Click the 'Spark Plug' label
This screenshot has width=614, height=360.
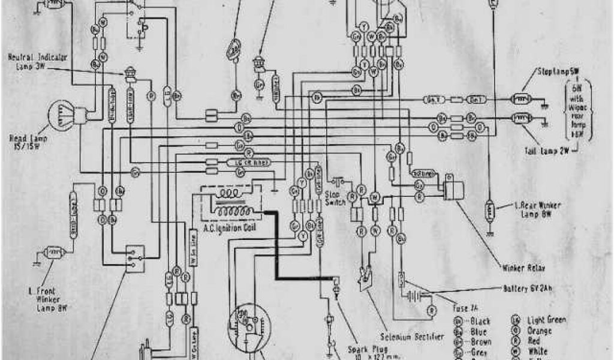[x=363, y=349]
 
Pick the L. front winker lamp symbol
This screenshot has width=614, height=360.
[x=55, y=253]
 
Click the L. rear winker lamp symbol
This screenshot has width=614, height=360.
[x=490, y=210]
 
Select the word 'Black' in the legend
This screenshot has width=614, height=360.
[x=480, y=321]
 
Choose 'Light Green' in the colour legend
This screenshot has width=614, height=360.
[x=546, y=320]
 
